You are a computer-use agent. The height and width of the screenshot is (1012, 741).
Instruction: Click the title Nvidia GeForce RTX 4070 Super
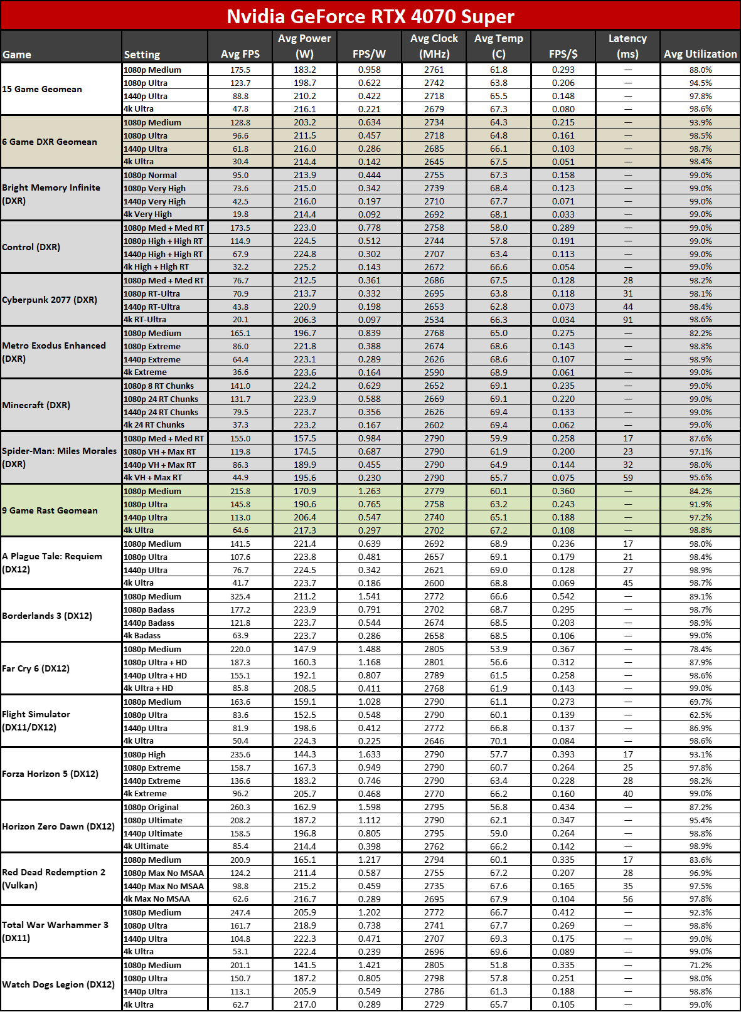click(370, 16)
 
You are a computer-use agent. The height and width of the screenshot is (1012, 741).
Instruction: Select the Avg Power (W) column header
click(304, 46)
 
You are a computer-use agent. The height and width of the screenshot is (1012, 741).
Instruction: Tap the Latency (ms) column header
click(627, 46)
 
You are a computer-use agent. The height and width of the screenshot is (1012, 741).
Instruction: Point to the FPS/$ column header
click(563, 54)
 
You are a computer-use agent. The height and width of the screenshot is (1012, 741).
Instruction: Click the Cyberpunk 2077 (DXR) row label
click(50, 300)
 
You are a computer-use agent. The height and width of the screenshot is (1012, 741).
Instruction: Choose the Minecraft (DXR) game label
click(36, 405)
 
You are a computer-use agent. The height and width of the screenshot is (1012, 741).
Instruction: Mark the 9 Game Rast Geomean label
click(50, 510)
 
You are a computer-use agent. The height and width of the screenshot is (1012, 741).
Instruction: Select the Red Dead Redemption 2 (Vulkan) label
click(54, 879)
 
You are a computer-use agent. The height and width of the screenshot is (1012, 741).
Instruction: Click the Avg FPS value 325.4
click(240, 596)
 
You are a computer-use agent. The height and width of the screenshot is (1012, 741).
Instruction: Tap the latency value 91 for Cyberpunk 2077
click(627, 320)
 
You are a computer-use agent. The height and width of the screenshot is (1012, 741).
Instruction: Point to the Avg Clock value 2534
click(434, 320)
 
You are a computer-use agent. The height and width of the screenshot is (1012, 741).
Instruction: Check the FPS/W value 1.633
click(369, 755)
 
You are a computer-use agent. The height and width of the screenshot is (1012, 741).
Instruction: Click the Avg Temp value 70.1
click(499, 741)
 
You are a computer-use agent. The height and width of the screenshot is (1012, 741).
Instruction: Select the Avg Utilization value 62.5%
click(700, 715)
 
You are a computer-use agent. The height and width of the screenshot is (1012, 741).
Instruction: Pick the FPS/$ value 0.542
click(563, 596)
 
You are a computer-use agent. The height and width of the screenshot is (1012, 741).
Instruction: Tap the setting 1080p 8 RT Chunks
click(159, 386)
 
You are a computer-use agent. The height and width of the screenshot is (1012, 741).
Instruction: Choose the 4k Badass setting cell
click(142, 636)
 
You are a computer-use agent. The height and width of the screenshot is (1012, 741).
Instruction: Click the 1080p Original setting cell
click(151, 808)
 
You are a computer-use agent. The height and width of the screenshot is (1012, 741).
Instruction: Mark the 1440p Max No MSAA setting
click(164, 887)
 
